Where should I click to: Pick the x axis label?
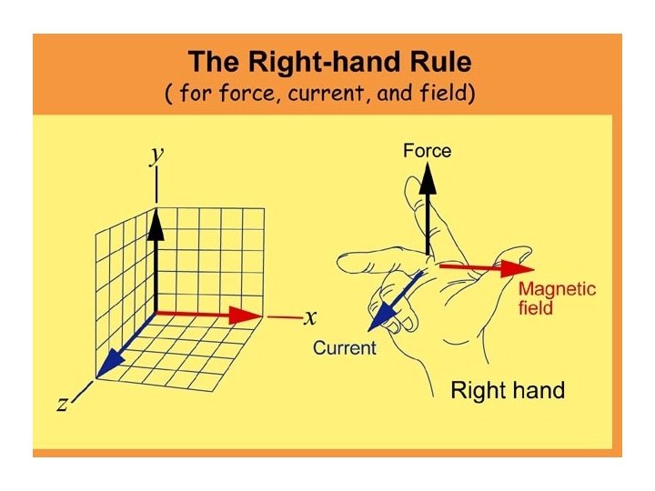[310, 317]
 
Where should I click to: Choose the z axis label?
[62, 404]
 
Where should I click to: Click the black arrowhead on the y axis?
[156, 223]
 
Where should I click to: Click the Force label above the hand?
[427, 151]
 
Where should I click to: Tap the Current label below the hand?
[344, 347]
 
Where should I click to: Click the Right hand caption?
[508, 391]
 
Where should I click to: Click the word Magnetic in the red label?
[557, 289]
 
